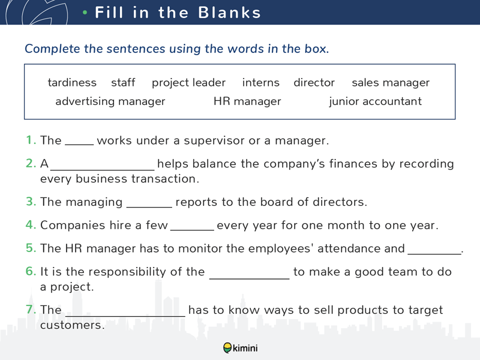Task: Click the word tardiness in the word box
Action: [x=72, y=83]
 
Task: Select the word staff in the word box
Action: [x=123, y=82]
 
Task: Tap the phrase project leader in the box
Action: [x=188, y=83]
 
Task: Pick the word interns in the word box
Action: [x=261, y=83]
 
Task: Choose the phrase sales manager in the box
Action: [x=391, y=83]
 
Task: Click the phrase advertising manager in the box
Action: [x=110, y=101]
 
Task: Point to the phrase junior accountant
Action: [x=376, y=101]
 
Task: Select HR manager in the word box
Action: [x=247, y=101]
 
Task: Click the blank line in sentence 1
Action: [x=79, y=145]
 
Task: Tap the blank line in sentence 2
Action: [x=102, y=170]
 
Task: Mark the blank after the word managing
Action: [x=149, y=207]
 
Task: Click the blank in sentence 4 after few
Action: [x=192, y=230]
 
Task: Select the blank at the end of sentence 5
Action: [x=434, y=254]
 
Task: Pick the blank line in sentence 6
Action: [x=250, y=278]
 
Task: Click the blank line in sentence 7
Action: [x=125, y=316]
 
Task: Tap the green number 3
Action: [x=31, y=202]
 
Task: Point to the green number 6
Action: [x=31, y=271]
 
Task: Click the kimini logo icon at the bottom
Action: [x=227, y=348]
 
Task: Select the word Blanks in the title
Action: [x=229, y=13]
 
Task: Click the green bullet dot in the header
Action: [x=85, y=13]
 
